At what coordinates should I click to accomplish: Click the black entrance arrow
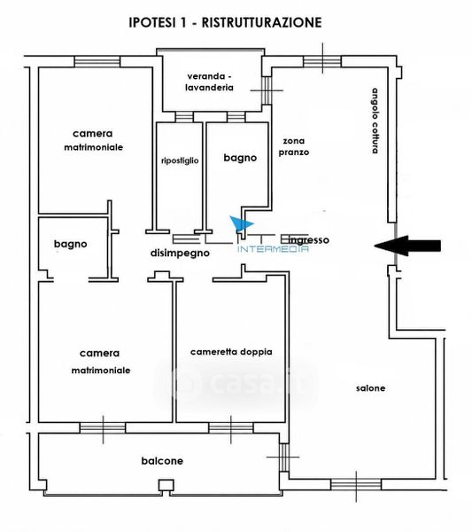point(407,246)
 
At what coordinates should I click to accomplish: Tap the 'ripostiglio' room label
point(180,160)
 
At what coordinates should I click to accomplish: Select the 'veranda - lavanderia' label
point(209,82)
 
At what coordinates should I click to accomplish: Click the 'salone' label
point(371,388)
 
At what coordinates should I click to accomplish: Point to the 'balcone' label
point(162,461)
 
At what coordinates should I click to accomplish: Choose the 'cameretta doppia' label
point(231,352)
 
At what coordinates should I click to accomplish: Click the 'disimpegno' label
point(180,253)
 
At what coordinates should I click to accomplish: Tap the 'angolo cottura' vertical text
point(375,121)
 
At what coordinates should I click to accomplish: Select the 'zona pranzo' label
point(294,146)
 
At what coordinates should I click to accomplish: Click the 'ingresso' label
point(309,240)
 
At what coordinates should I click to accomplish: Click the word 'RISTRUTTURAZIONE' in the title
point(261,22)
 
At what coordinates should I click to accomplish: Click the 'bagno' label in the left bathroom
point(71,244)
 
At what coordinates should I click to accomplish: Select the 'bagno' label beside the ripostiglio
point(240,158)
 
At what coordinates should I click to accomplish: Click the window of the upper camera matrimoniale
point(97,62)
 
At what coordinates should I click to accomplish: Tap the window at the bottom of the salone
point(356,484)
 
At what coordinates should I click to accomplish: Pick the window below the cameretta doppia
point(231,428)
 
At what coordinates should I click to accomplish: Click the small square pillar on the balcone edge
point(166,485)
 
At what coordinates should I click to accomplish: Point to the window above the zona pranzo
point(322,61)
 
